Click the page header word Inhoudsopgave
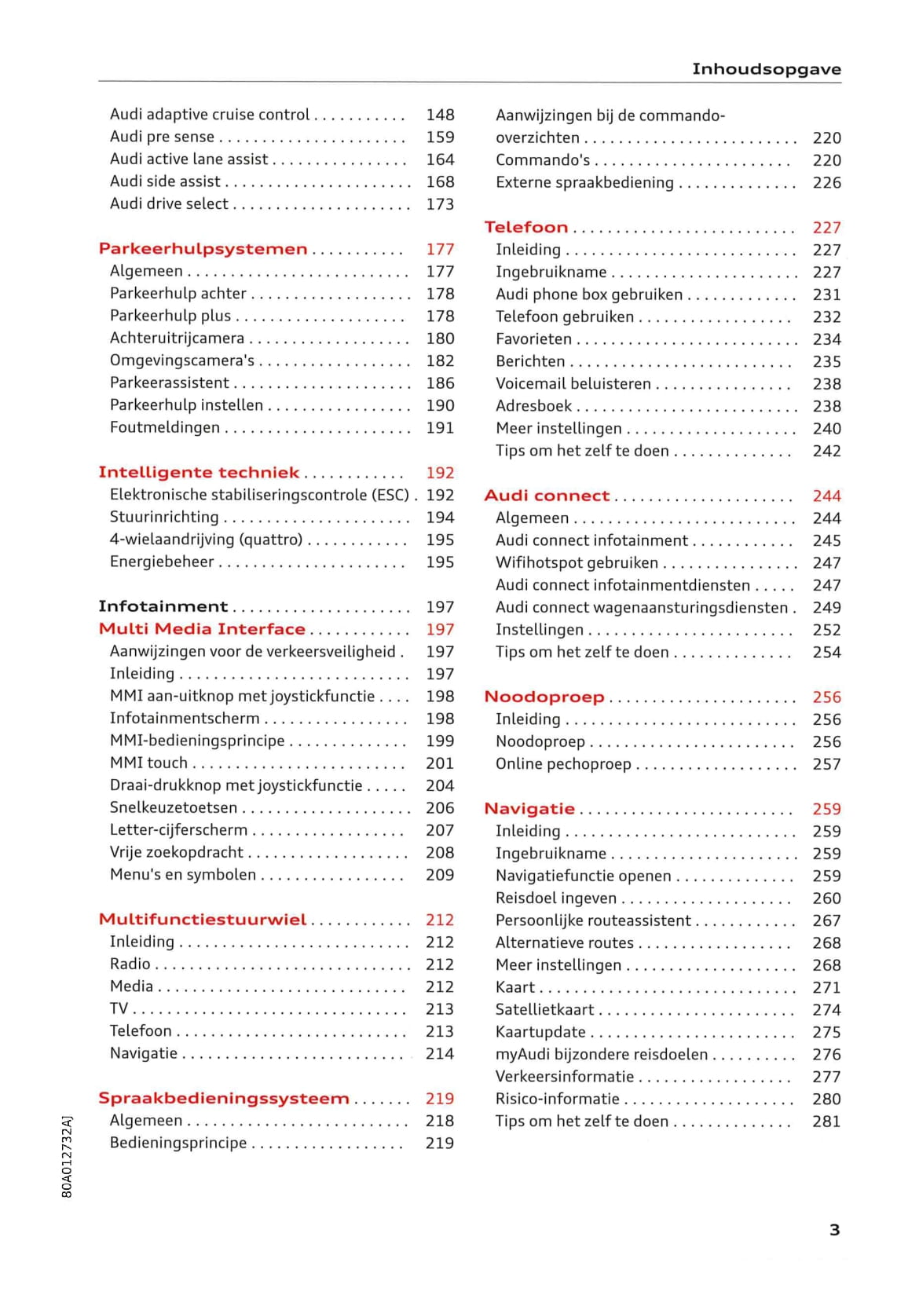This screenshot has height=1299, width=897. click(x=766, y=69)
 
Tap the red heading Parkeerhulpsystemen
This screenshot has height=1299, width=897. click(x=203, y=249)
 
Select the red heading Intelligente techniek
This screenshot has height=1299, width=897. click(x=199, y=473)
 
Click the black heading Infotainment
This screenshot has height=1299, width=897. click(x=163, y=606)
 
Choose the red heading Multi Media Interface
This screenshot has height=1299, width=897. click(x=202, y=629)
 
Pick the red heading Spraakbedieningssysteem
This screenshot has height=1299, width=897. click(x=224, y=1098)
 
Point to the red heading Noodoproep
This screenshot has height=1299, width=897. click(x=544, y=697)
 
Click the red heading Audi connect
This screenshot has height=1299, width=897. click(x=547, y=496)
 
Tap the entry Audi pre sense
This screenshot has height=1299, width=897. click(x=162, y=137)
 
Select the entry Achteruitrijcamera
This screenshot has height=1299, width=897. click(x=177, y=338)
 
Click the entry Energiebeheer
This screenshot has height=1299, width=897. click(x=162, y=562)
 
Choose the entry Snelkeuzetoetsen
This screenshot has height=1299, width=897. click(x=174, y=807)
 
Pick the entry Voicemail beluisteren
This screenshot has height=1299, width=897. click(x=573, y=384)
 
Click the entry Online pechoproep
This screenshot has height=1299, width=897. click(x=563, y=764)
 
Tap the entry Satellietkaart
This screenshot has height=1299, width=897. click(x=544, y=1010)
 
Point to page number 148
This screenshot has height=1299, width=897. click(x=440, y=115)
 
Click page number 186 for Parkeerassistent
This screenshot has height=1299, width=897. click(x=440, y=383)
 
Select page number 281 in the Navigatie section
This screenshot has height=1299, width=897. click(x=826, y=1122)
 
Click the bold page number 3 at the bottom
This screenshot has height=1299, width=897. click(x=835, y=1230)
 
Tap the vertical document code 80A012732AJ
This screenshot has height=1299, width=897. click(x=67, y=1155)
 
